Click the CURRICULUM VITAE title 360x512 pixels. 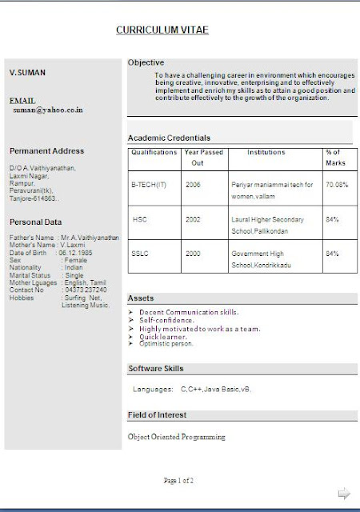(162, 30)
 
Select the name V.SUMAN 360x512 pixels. (27, 73)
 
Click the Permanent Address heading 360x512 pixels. (46, 150)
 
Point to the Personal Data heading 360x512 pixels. (36, 222)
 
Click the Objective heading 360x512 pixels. (146, 62)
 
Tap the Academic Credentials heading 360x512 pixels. (169, 138)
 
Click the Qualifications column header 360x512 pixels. (154, 152)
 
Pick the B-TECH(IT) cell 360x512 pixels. (150, 184)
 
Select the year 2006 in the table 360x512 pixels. (193, 184)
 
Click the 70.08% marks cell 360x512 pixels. (337, 184)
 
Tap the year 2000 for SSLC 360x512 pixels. (193, 253)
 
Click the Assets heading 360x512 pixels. (141, 298)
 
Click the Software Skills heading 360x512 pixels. (155, 368)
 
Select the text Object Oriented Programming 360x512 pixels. (176, 437)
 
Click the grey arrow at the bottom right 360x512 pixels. (344, 494)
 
